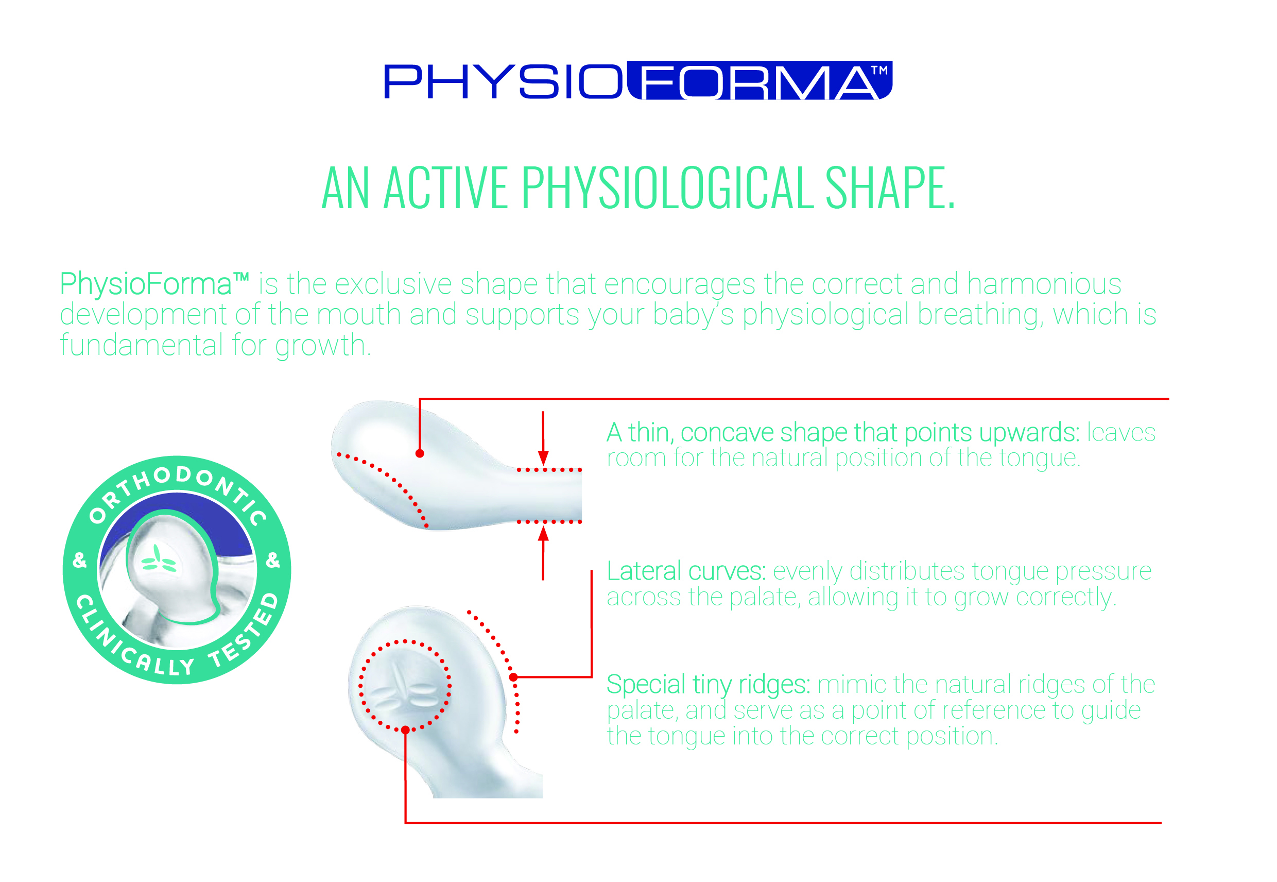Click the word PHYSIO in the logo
503,82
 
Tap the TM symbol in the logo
879,70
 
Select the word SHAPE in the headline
890,188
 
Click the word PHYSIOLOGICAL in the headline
667,188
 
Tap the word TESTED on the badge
246,630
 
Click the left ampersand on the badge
80,560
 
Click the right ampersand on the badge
273,560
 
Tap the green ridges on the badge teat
159,559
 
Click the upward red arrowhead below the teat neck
544,533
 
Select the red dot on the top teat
420,454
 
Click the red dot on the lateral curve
514,677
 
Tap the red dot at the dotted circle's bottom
405,730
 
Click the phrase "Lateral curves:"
686,571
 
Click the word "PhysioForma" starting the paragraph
146,284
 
